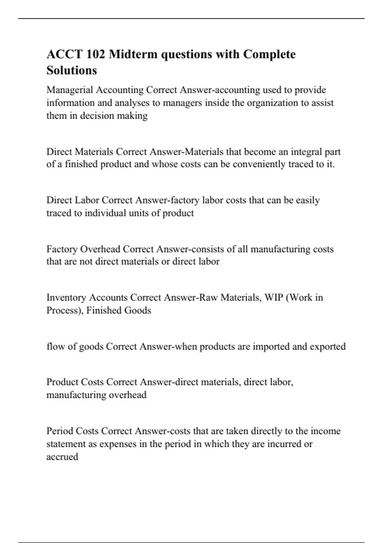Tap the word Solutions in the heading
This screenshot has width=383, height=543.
tap(71, 70)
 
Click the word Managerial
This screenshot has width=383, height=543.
tap(70, 90)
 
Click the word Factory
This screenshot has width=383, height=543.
tap(62, 249)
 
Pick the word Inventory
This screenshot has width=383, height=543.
tap(66, 298)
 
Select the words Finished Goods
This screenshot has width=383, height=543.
tap(118, 310)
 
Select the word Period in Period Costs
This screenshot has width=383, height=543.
tap(60, 431)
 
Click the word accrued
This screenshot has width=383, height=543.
tap(62, 457)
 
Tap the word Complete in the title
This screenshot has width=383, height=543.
tap(269, 54)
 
